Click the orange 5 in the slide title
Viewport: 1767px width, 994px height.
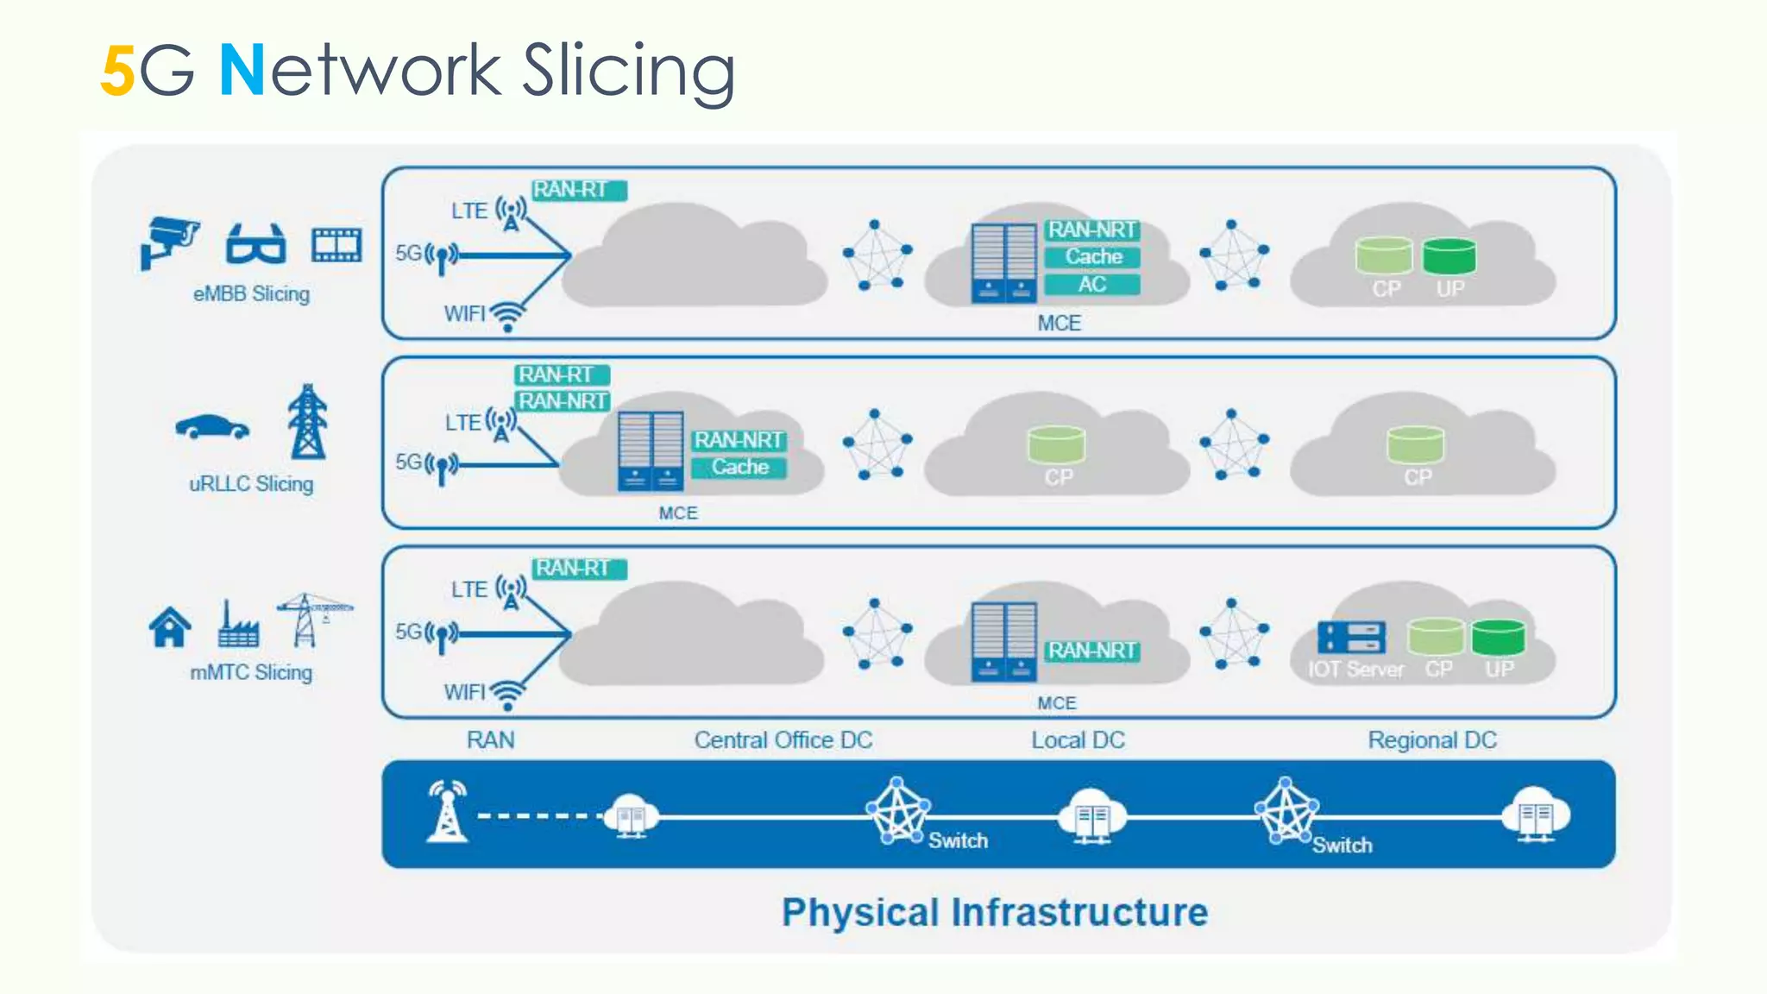point(117,72)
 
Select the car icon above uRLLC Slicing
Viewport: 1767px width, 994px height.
point(212,427)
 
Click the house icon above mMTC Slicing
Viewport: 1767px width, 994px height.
point(170,627)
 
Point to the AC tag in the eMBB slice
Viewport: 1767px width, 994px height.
point(1091,285)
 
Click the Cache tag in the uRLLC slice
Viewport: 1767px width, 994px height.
point(739,468)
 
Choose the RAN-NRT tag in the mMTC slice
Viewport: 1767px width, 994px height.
point(1091,651)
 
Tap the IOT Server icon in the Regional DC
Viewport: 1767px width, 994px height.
point(1351,638)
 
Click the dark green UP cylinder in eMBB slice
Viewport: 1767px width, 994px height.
point(1449,256)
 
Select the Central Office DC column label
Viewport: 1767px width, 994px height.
point(783,740)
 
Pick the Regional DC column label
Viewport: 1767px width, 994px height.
point(1431,740)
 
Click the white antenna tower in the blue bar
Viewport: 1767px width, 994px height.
point(448,812)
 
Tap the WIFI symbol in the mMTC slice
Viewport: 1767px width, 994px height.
point(507,695)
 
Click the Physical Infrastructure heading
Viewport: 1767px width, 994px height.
point(994,913)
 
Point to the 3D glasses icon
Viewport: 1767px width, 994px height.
point(255,244)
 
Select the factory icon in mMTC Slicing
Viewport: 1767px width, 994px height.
point(237,626)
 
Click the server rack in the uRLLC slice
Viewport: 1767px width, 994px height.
point(651,451)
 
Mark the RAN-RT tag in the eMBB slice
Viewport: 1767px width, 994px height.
point(578,190)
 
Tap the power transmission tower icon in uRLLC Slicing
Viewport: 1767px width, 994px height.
point(308,422)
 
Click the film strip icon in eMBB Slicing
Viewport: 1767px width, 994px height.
point(336,245)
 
